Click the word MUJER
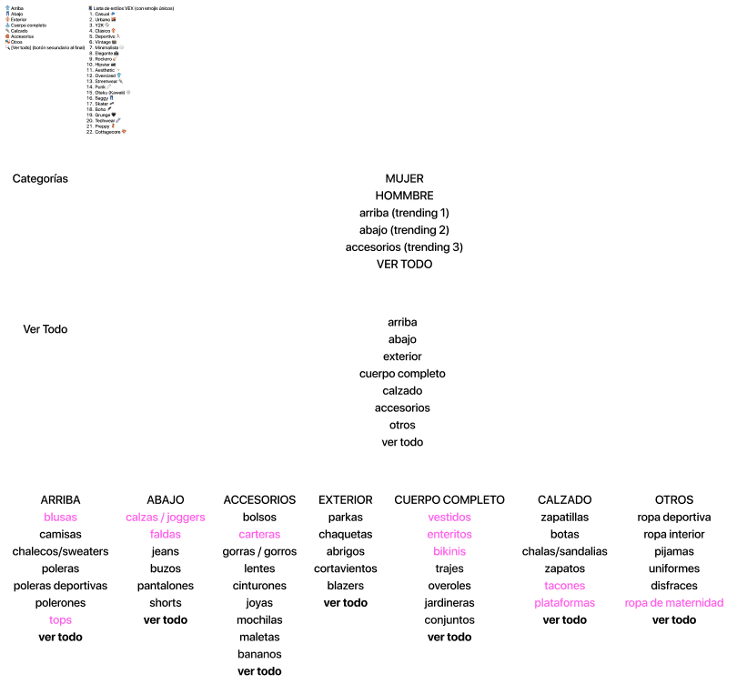coord(404,179)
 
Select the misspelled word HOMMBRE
coord(404,196)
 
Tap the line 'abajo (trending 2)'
coord(404,230)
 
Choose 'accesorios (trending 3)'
coord(404,247)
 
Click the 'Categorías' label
coord(40,179)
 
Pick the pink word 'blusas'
coord(60,518)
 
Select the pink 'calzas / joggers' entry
coord(166,518)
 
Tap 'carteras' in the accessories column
coord(259,535)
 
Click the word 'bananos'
coord(259,654)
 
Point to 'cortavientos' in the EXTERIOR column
coord(345,568)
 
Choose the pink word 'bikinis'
coord(449,552)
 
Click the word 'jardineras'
coord(449,603)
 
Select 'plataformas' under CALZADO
coord(564,603)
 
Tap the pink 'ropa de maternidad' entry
coord(673,603)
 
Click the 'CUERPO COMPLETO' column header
coord(449,500)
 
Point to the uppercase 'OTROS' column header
coord(673,500)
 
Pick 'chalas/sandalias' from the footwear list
coord(564,552)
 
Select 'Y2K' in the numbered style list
coord(100,25)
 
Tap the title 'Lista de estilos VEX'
coord(127,8)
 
